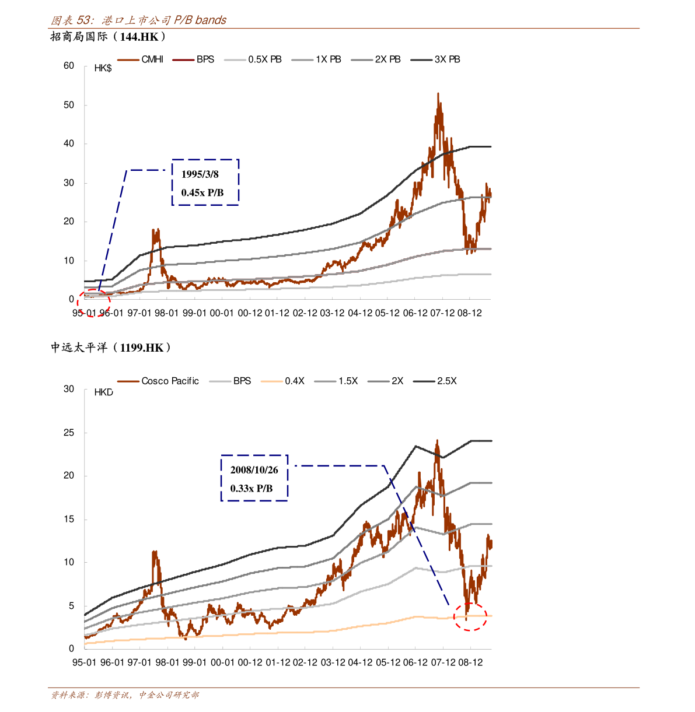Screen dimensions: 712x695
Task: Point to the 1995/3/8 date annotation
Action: (x=200, y=174)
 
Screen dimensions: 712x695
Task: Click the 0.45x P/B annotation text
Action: (x=202, y=192)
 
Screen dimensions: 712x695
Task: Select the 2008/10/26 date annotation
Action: (x=254, y=470)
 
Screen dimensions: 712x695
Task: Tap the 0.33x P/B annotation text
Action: (x=251, y=488)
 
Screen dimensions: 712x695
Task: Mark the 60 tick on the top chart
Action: (x=69, y=66)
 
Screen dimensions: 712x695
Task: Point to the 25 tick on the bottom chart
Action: (x=69, y=433)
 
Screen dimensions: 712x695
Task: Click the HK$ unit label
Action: (x=103, y=68)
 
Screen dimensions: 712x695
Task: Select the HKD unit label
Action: (x=104, y=392)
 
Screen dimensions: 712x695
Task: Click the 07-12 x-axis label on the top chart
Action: (x=442, y=313)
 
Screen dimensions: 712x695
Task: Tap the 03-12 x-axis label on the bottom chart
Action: (x=332, y=662)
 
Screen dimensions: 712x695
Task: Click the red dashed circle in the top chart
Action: (x=93, y=302)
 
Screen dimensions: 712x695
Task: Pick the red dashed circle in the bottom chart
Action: (x=470, y=616)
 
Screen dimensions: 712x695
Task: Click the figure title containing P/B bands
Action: (x=139, y=20)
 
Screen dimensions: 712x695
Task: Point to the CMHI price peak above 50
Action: (x=438, y=95)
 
